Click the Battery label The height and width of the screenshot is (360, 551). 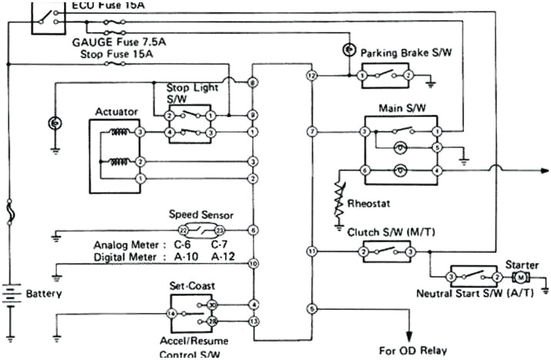[44, 294]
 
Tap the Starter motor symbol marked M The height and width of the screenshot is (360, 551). [521, 277]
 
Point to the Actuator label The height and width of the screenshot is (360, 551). [116, 112]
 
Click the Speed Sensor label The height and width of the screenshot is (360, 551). [200, 215]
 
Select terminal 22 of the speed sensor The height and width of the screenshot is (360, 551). [183, 230]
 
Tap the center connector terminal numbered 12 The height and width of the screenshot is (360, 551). [311, 76]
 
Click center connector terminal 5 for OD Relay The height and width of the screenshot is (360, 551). [311, 309]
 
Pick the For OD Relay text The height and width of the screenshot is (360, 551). [412, 350]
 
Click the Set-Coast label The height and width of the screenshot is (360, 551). [190, 285]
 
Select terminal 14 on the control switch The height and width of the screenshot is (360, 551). [173, 314]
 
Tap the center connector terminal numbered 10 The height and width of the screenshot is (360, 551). [253, 264]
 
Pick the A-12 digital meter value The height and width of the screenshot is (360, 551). [224, 256]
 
